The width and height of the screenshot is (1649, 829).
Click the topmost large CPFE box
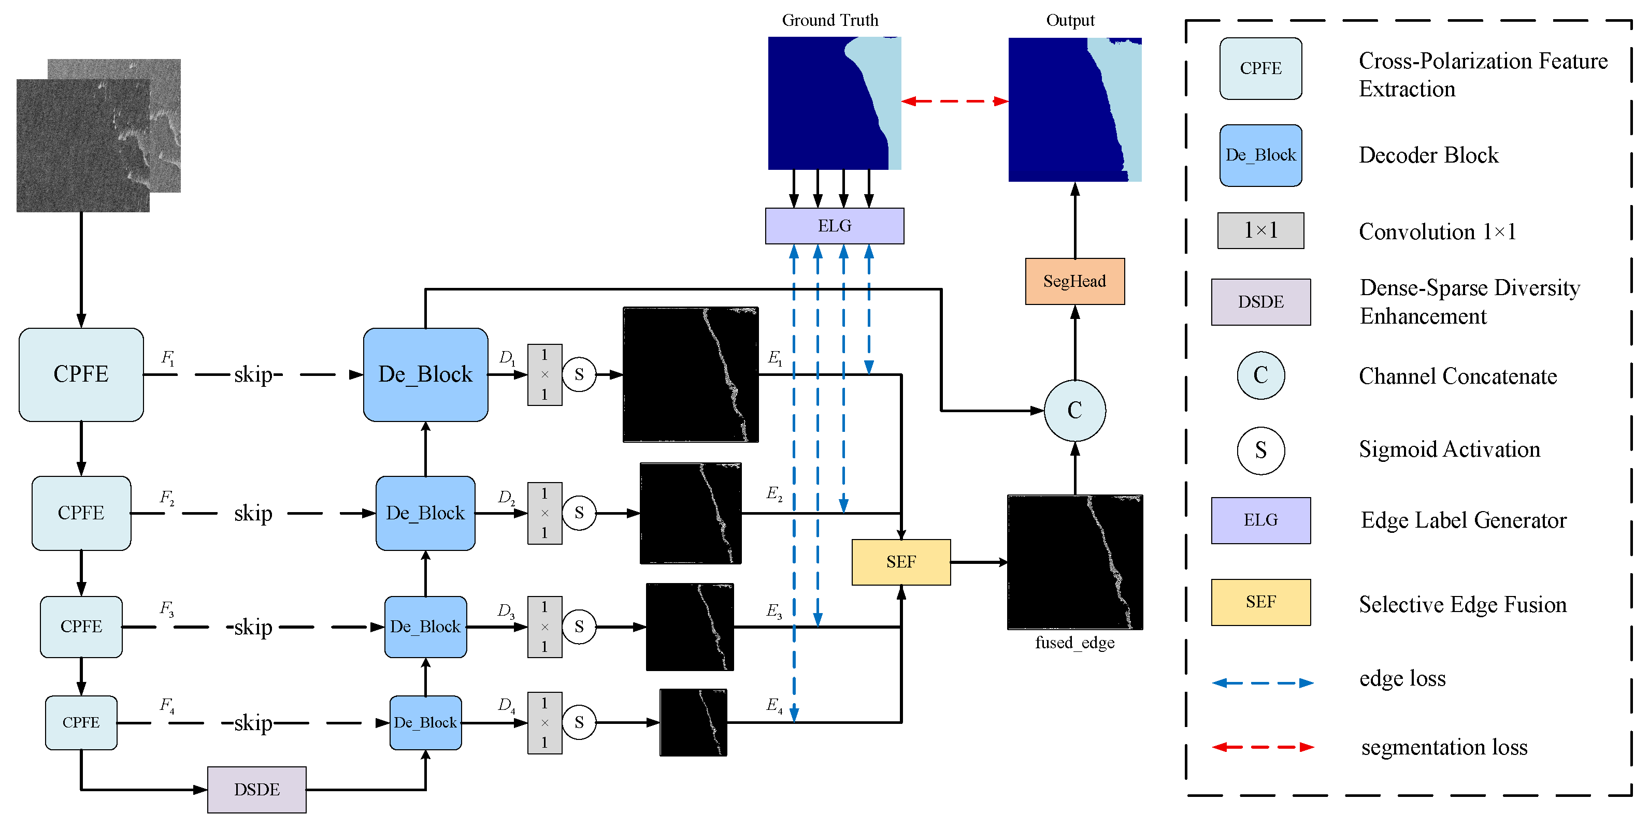81,374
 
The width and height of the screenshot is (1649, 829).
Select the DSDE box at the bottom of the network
256,789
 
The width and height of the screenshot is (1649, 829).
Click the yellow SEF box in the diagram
901,562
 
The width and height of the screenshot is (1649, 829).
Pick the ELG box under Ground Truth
834,226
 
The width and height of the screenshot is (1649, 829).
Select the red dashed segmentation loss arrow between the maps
954,101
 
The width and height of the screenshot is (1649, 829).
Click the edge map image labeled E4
693,722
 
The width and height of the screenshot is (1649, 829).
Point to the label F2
166,497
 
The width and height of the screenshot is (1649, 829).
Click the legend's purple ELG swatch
1260,520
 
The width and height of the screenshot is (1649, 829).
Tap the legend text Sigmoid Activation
1449,449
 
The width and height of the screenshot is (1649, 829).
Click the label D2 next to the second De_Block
506,497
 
